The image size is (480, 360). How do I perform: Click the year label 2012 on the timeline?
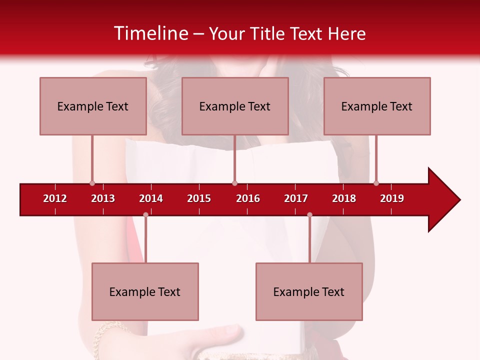pos(55,198)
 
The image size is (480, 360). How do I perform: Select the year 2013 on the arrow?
pos(103,198)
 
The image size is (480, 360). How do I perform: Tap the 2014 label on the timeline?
pos(151,198)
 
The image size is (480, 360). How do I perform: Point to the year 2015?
pos(199,198)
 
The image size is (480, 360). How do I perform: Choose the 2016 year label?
pos(248,198)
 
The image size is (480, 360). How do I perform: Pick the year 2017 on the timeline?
pos(296,198)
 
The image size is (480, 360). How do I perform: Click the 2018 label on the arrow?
pos(344,198)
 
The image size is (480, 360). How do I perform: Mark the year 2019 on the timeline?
pos(392,198)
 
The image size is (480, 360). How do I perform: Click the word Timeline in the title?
pos(150,33)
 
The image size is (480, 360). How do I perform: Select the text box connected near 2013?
pos(93,106)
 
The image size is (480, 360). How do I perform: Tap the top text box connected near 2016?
pos(235,106)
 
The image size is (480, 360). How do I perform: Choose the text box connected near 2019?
pos(377,106)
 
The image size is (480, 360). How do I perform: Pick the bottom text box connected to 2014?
pos(145,291)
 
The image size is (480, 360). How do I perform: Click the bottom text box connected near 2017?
pos(309,291)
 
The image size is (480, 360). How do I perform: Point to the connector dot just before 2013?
pos(92,183)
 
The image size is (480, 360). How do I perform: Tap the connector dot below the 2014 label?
pos(145,214)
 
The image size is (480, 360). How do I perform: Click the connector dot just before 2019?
pos(376,183)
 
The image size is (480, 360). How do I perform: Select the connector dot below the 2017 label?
pos(309,214)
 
